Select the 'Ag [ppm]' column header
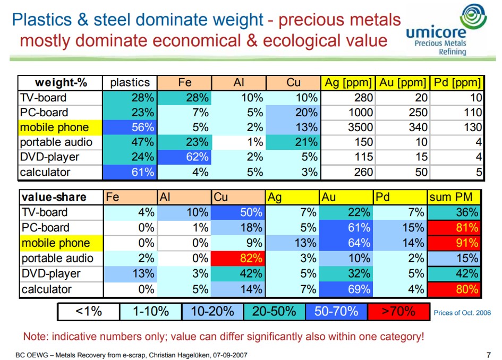coord(348,83)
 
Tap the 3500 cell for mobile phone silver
coord(348,127)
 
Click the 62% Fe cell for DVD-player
coord(184,157)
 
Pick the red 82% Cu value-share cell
coord(238,259)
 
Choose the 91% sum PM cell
coord(455,243)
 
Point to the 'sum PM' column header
coord(455,197)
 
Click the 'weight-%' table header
coord(61,83)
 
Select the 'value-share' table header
coord(61,197)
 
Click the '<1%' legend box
coord(88,311)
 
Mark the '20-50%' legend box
coord(274,311)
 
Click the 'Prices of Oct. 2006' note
coord(462,313)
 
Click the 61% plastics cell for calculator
coord(130,172)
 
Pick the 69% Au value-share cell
coord(346,289)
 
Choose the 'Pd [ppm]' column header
coord(457,83)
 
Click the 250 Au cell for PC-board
coord(402,113)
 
